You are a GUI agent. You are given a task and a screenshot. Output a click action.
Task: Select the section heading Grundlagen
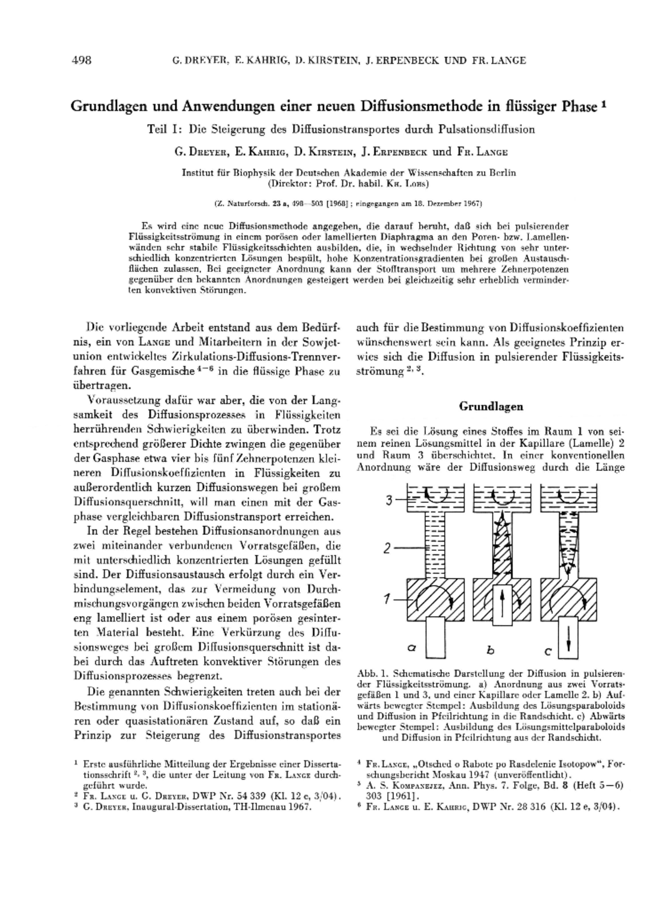tap(491, 406)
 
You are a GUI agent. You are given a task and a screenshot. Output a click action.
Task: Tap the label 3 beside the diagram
tap(389, 501)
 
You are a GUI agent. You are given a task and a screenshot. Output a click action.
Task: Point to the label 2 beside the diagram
tap(388, 548)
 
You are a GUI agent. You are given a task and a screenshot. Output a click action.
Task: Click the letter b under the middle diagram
tap(490, 650)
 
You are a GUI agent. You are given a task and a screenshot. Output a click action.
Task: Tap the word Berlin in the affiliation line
tap(503, 173)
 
